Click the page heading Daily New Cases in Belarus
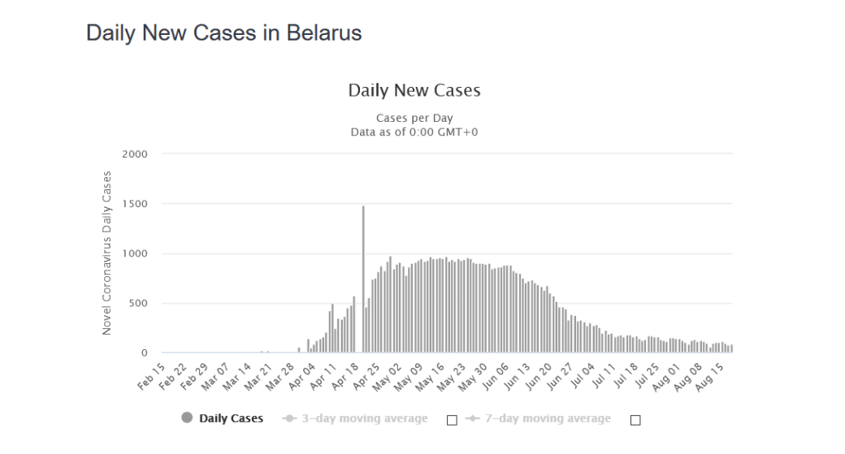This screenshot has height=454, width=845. [x=223, y=33]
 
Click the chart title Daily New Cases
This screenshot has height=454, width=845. [x=414, y=90]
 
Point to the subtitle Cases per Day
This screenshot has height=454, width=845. [x=414, y=119]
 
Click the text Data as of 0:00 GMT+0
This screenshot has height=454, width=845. [x=414, y=132]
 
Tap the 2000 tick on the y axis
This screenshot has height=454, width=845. [x=135, y=153]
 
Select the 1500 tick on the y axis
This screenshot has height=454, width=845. [x=135, y=204]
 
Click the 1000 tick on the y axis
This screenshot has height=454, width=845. [x=135, y=253]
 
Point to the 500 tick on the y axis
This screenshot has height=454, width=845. [x=138, y=304]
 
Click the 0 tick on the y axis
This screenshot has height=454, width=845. [x=145, y=353]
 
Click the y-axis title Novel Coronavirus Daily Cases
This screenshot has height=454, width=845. [x=107, y=253]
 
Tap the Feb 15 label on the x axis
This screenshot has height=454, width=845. [x=150, y=375]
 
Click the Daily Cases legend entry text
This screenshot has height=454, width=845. [x=232, y=419]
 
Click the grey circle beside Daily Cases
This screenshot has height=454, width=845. [x=187, y=419]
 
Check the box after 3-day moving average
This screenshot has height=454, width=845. [x=453, y=420]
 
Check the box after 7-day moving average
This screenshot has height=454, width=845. [x=636, y=420]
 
